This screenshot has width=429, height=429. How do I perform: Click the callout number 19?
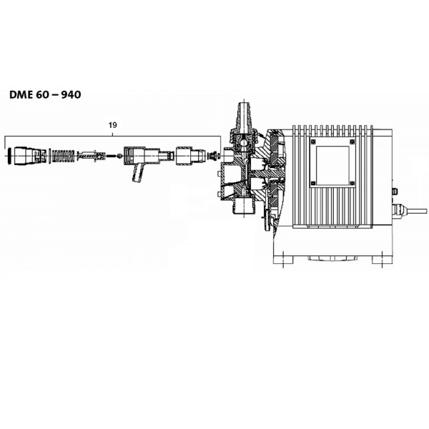(x=113, y=125)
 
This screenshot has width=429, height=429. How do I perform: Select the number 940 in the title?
(x=71, y=94)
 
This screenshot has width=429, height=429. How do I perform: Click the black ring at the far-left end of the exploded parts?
(x=10, y=155)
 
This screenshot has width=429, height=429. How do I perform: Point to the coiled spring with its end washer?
(x=61, y=156)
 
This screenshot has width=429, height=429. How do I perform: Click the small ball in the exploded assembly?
(x=119, y=156)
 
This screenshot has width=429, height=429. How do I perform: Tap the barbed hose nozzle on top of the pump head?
(x=245, y=115)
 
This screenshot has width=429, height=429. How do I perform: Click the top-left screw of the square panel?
(x=313, y=142)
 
